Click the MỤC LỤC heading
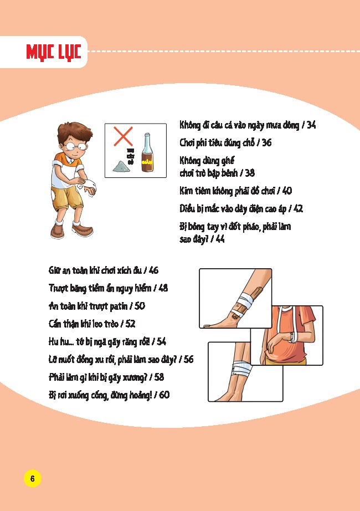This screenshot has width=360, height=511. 54,52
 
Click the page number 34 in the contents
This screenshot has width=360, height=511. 310,126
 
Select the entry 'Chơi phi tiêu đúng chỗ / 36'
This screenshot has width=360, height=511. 225,143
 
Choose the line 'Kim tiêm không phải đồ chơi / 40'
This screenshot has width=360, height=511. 235,191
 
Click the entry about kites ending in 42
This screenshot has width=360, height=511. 241,209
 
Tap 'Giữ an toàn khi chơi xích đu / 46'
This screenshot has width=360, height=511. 104,270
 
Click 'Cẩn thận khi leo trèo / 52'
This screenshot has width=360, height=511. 92,324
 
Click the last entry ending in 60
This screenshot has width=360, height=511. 109,395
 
